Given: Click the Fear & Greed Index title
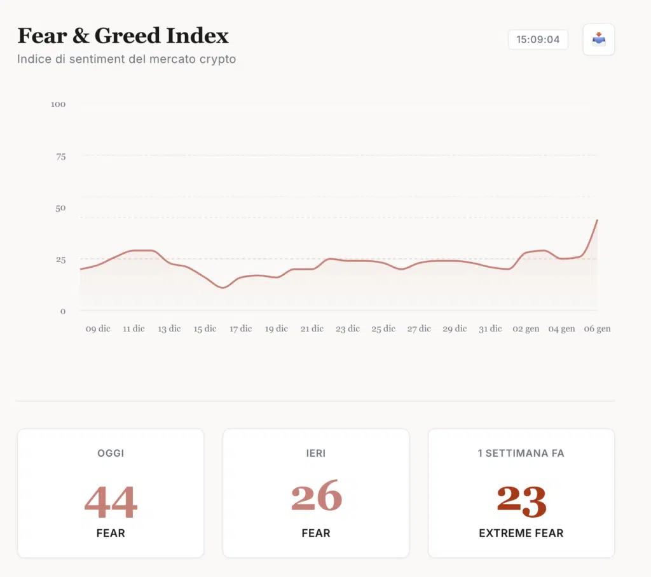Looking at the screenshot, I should point(123,36).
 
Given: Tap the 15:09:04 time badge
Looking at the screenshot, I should point(538,39).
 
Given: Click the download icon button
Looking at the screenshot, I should point(599,39).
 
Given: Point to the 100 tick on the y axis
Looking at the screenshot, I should point(58,104).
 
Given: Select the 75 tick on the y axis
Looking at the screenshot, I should point(60,156).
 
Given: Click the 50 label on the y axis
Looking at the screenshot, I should point(60,208).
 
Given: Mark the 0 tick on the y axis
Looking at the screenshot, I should point(63,311).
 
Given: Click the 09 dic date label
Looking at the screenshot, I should point(98,329).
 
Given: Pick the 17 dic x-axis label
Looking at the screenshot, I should point(240,329).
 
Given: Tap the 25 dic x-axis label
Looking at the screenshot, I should point(383,329).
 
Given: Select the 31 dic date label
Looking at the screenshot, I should point(490,329).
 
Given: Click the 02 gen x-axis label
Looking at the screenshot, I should point(526,329).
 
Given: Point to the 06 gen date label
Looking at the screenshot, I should point(597,329).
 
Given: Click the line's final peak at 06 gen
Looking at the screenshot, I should point(597,220).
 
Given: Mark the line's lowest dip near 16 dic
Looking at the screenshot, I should point(223,288).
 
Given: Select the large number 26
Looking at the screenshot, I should point(316,497).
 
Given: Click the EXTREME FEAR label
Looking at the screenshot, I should point(521,533).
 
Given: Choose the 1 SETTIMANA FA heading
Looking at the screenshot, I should point(521,454).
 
